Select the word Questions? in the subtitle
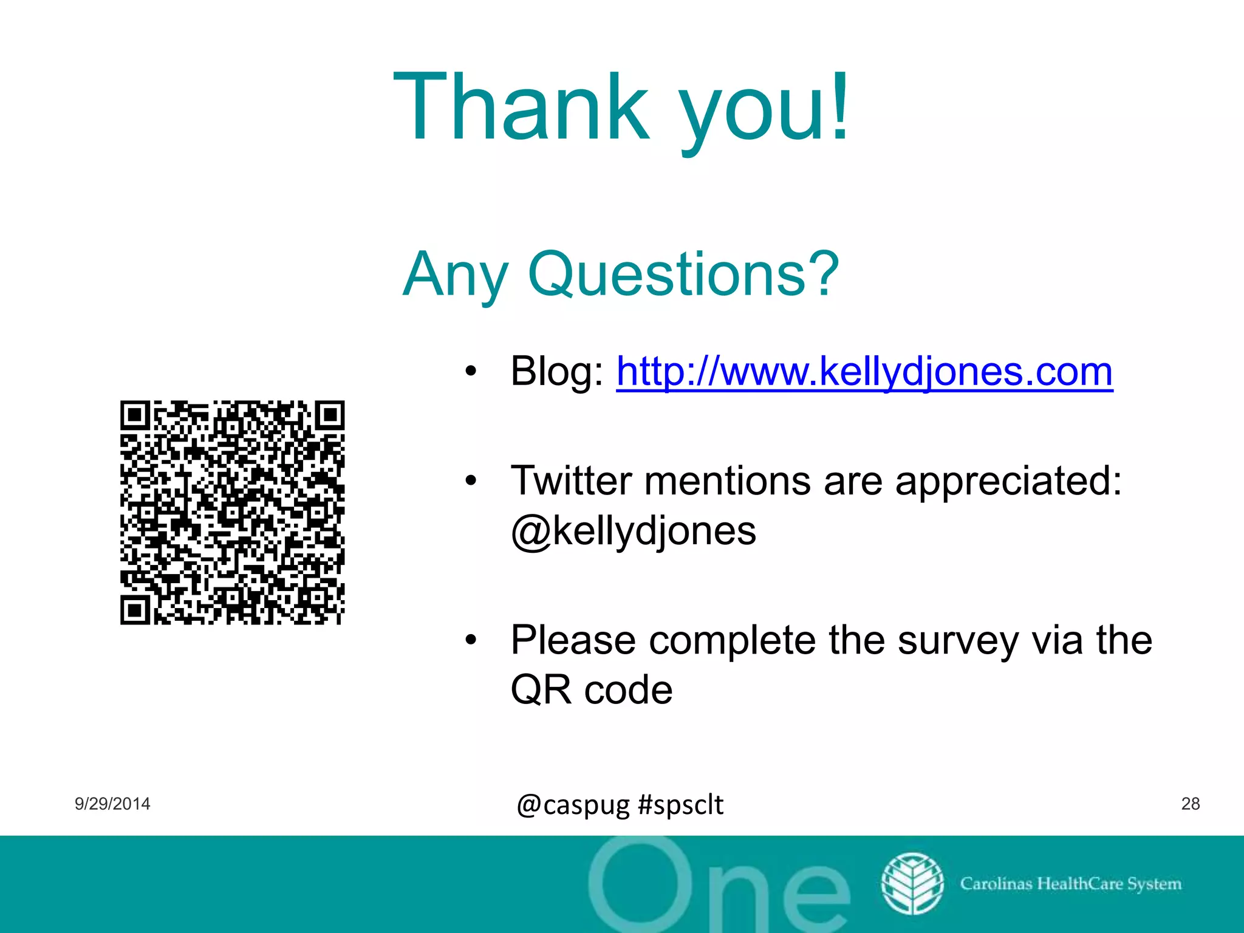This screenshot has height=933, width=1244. tap(683, 275)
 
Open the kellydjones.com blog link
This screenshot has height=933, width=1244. tap(864, 371)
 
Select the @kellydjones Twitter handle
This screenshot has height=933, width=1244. tap(634, 531)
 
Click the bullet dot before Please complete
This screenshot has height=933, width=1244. tap(471, 640)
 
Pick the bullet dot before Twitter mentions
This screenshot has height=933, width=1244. tap(471, 480)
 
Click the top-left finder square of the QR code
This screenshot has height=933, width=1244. tap(135, 415)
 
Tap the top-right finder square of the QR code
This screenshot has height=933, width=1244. tap(330, 415)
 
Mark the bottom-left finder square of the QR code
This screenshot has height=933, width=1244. tap(135, 610)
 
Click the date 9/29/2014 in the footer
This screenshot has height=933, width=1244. tap(112, 804)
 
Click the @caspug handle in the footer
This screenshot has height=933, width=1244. tap(573, 805)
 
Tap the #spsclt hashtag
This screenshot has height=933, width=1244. tap(681, 805)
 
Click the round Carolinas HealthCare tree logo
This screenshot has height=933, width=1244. tap(912, 883)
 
